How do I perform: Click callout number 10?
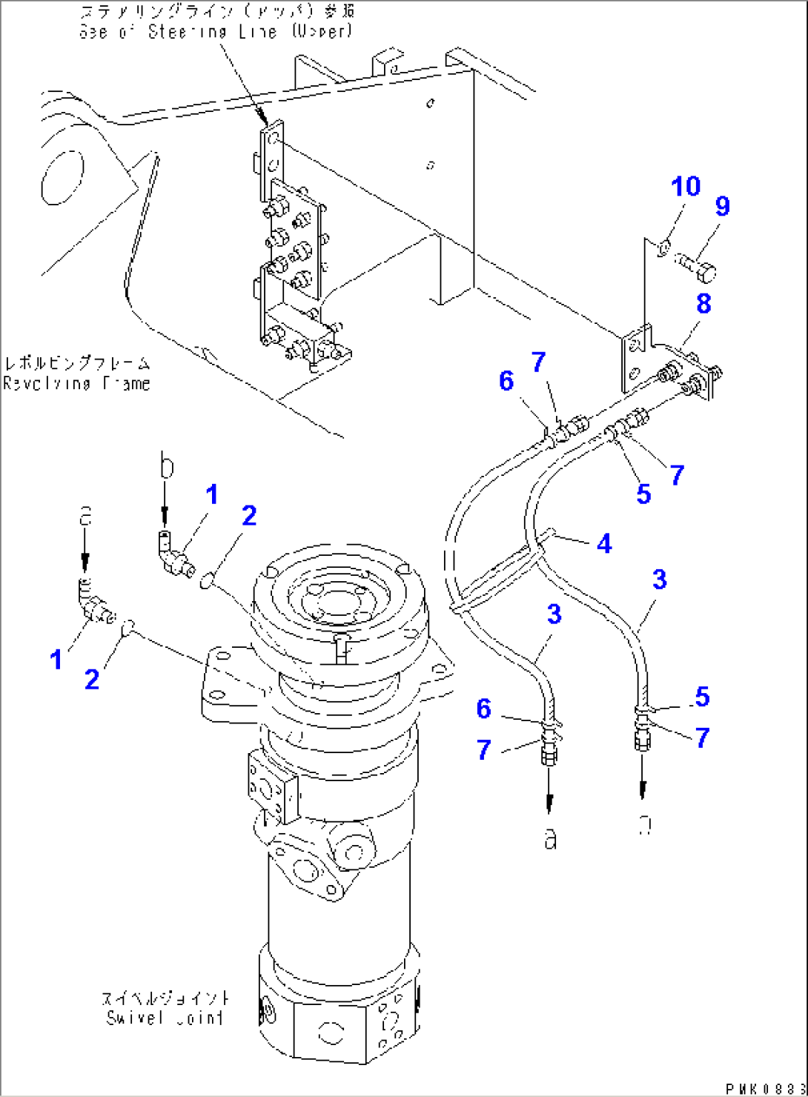pos(686,187)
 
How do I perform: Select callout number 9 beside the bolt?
pos(722,206)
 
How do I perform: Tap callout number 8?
pos(703,303)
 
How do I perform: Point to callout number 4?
pos(604,543)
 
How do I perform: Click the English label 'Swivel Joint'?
pos(165,1018)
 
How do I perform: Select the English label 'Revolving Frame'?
pos(76,383)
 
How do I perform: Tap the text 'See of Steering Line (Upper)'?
pos(216,32)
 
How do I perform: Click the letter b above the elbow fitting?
pos(167,468)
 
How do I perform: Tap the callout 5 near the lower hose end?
pos(701,696)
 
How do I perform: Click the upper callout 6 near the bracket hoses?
pos(506,381)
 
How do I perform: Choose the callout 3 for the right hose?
pos(659,579)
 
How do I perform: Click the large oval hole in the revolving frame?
pos(62,177)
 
